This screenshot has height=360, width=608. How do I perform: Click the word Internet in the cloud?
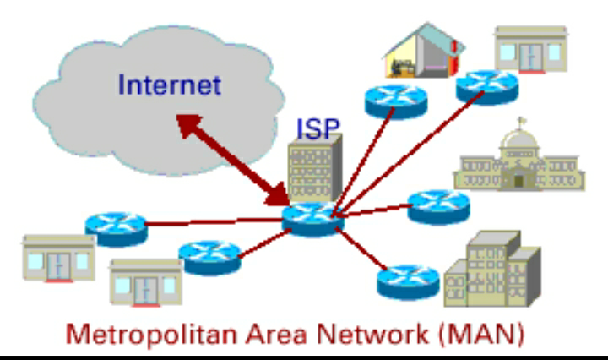coord(170,85)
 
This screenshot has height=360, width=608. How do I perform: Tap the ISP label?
coord(318,128)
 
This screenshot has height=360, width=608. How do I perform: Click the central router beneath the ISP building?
coord(312,218)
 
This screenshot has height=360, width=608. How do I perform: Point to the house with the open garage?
coord(425,51)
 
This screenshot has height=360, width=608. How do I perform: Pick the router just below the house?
coord(396,101)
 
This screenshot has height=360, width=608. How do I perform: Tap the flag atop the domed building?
coord(522,121)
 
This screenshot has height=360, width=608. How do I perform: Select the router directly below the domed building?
coord(438,207)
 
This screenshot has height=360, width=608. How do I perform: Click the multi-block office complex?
coord(492,270)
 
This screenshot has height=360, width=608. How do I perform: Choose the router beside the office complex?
coord(408,282)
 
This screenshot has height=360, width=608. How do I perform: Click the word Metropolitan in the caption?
coord(151,335)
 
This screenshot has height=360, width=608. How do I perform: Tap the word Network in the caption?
coord(372,334)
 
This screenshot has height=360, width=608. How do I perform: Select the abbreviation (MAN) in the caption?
coord(481,335)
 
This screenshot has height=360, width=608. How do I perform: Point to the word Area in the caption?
coord(277,335)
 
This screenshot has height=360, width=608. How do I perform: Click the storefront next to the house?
coord(531,49)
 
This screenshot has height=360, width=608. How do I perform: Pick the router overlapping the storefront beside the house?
coord(487,87)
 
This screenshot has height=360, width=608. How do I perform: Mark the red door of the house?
coord(454,58)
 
